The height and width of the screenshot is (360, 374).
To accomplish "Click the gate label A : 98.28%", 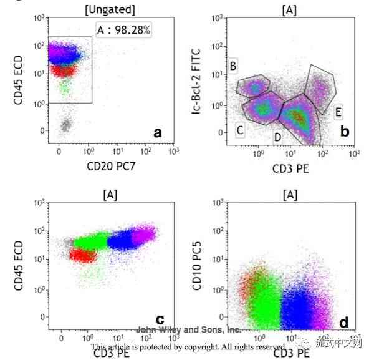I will coord(123,30).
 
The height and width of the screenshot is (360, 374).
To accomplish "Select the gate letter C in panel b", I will coord(239,130).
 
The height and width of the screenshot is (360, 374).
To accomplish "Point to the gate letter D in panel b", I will coord(277,137).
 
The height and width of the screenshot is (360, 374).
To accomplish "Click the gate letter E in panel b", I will coord(338,112).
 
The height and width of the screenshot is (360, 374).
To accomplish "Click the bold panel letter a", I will coord(158,132).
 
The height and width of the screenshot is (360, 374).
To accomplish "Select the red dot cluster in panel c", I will coord(81,255).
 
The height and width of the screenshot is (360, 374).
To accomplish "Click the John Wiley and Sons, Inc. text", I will coord(189,330).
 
